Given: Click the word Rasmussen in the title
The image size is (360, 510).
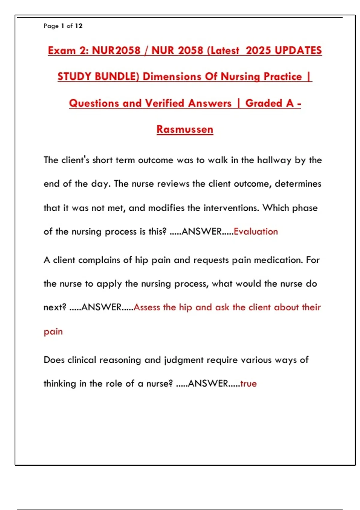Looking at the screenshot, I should click(185, 129).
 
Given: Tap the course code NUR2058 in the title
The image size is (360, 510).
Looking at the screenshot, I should click(116, 50).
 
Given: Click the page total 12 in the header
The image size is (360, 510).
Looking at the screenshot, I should click(79, 26).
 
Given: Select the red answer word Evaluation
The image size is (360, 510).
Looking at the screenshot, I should click(256, 232).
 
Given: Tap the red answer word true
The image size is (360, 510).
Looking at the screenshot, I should click(248, 384).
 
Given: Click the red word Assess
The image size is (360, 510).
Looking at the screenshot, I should click(147, 307).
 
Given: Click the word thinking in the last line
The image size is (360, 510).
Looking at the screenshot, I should click(60, 384).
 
